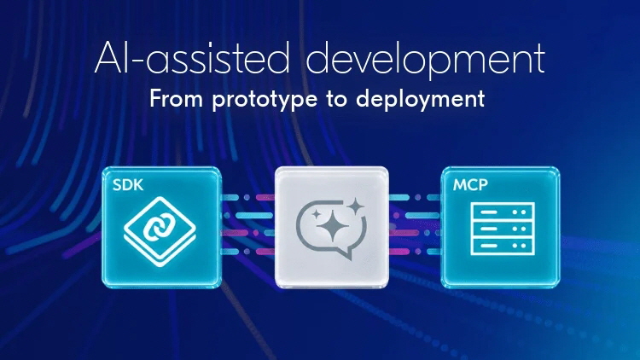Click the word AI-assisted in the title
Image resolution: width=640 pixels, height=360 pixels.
pos(192,57)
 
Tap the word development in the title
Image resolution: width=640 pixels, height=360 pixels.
pos(426,61)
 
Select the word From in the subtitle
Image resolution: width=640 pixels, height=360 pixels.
pos(176,99)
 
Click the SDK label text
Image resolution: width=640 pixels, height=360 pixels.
pos(128,185)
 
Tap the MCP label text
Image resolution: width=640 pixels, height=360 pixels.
pos(470,185)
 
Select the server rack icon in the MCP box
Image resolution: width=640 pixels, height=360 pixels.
pos(503,229)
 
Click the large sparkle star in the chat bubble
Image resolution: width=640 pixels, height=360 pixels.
pos(333,226)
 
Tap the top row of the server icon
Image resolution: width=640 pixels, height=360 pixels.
pos(503,212)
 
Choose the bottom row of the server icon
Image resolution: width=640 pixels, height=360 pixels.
pos(503,247)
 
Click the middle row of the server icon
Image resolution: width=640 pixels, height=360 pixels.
pos(503,229)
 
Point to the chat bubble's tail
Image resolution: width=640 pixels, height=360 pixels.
pos(346,254)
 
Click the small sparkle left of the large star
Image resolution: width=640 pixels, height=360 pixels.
pos(316,214)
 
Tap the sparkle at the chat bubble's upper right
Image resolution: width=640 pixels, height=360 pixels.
pos(356,206)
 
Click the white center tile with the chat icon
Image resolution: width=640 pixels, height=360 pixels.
pos(331,227)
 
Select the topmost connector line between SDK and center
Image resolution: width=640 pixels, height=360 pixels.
pos(248,198)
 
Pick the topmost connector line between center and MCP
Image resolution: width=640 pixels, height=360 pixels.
pos(415,198)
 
